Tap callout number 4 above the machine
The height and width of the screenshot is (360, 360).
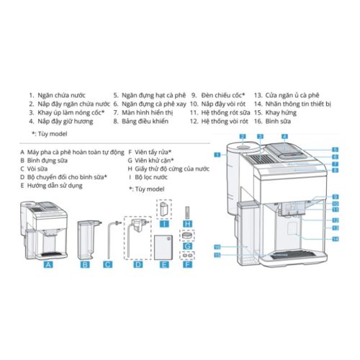(x=284, y=135)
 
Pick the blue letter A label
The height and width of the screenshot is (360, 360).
(x=48, y=264)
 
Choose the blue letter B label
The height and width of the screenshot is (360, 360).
(x=85, y=264)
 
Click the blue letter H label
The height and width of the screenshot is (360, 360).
(x=188, y=225)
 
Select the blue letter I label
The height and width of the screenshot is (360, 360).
(x=164, y=224)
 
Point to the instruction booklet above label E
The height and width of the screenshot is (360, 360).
(x=165, y=246)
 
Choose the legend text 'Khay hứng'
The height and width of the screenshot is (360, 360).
(x=283, y=113)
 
